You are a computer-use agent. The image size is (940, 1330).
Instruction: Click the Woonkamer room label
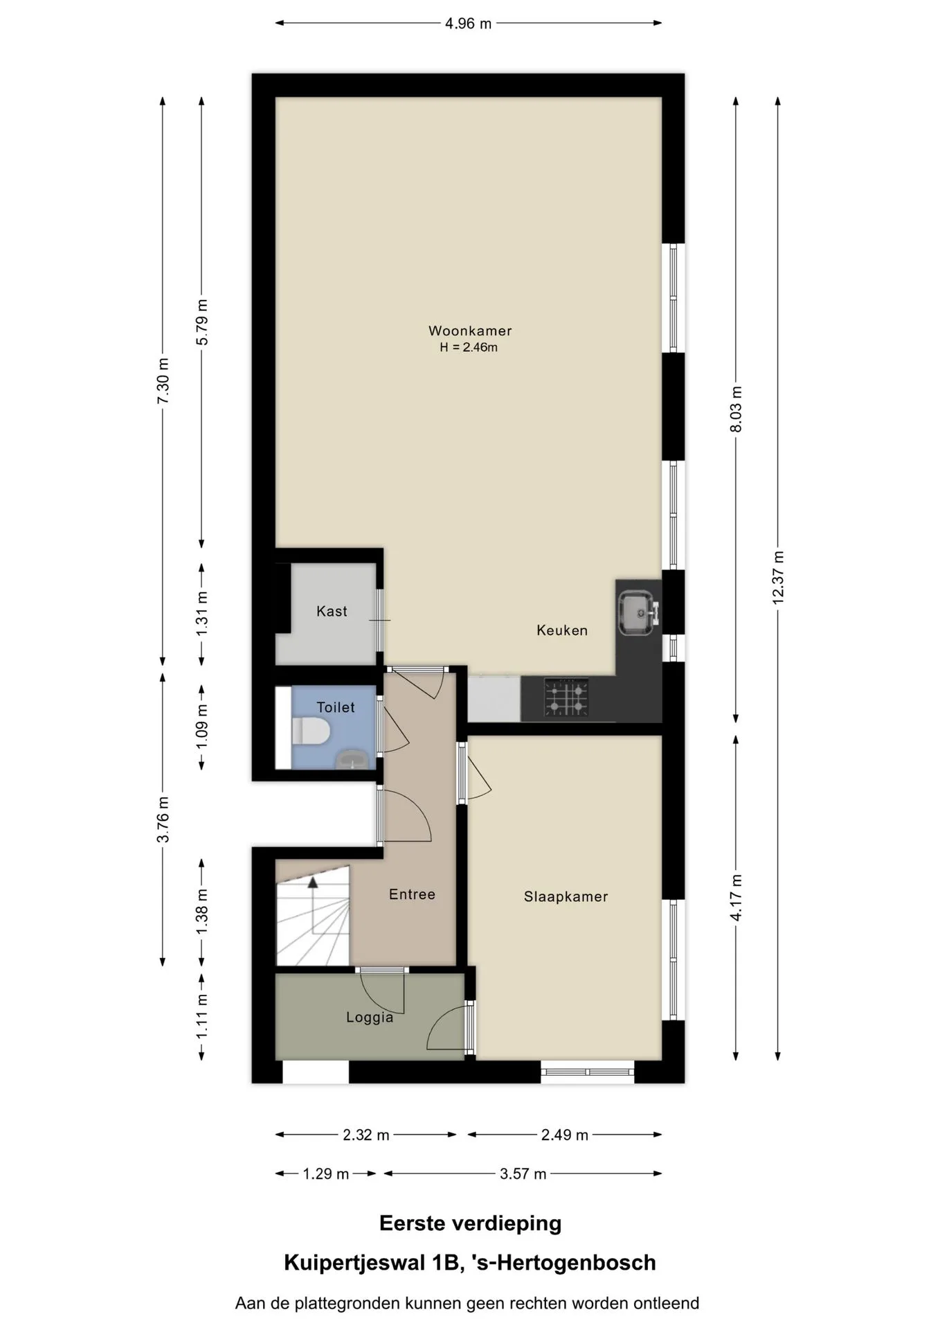[470, 331]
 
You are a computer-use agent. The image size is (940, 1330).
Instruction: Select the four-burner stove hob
[566, 697]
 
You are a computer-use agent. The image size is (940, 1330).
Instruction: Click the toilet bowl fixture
[311, 731]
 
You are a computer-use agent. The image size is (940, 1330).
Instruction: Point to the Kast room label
[332, 611]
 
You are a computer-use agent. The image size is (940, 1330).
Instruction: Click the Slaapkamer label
[566, 896]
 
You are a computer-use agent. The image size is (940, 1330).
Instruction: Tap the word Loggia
[370, 1018]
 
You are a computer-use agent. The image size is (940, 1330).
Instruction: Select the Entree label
[412, 894]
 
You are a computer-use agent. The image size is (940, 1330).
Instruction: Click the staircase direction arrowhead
[313, 882]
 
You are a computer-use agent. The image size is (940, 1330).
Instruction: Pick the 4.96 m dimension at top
[468, 24]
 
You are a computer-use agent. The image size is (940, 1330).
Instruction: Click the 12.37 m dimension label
[778, 578]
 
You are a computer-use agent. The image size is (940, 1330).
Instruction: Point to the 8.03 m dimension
[736, 409]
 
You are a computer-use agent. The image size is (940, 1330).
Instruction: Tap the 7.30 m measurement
[163, 381]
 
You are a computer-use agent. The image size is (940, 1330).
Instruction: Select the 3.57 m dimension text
[523, 1173]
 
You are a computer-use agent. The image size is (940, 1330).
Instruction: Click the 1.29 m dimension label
[325, 1173]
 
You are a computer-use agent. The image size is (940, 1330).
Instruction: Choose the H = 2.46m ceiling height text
[469, 348]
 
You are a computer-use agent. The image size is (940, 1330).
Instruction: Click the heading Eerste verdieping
[470, 1223]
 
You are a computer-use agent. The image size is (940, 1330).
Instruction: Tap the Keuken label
[562, 630]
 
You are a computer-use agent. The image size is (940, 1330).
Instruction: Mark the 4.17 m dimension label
[736, 897]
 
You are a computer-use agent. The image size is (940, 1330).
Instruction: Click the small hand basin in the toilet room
[354, 759]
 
